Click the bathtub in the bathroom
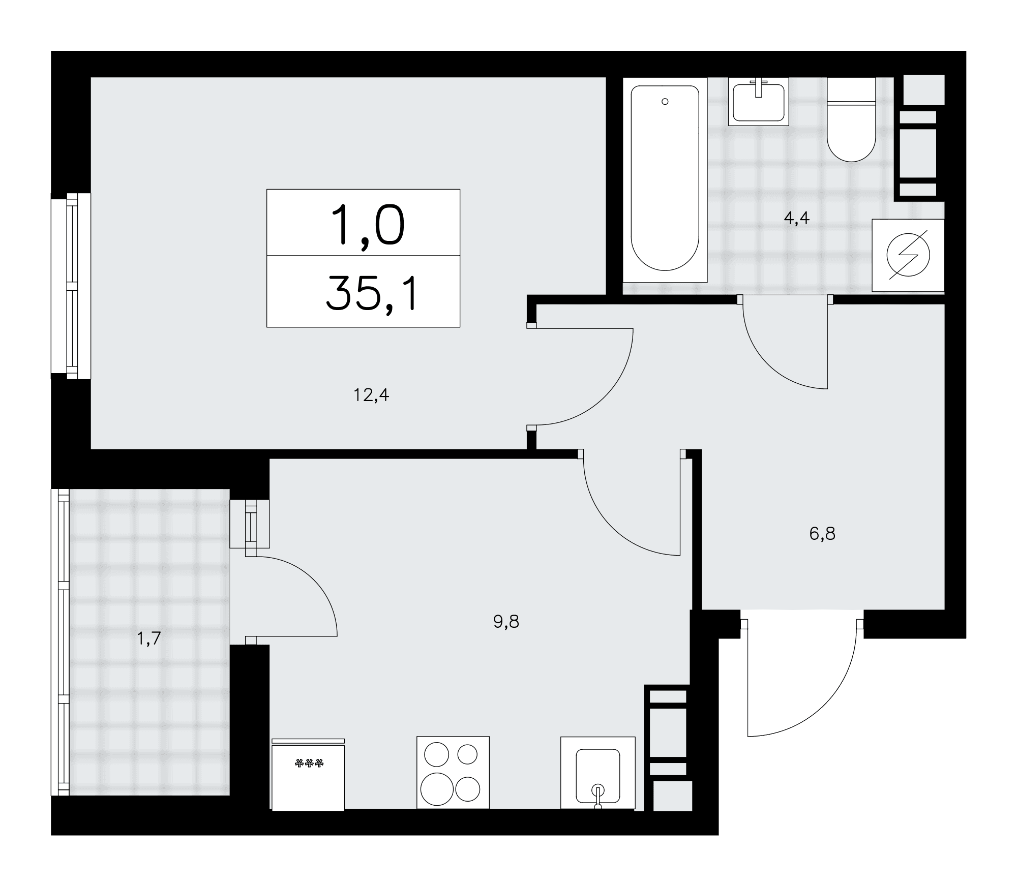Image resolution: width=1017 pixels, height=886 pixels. point(665,180)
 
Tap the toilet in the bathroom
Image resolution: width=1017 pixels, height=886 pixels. point(851,119)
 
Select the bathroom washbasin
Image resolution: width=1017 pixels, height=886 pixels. point(758,101)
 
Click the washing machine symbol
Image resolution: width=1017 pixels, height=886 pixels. point(908,255)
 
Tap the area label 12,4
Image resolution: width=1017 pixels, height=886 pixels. point(371,395)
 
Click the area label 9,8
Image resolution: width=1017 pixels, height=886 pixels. point(506,621)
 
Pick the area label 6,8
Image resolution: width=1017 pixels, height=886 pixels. point(822,534)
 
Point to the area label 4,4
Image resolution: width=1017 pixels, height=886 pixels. point(796,218)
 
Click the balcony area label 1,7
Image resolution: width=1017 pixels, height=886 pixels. point(148,638)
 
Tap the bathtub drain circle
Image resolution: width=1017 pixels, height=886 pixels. point(665,102)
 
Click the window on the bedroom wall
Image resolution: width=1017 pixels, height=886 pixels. point(71,286)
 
